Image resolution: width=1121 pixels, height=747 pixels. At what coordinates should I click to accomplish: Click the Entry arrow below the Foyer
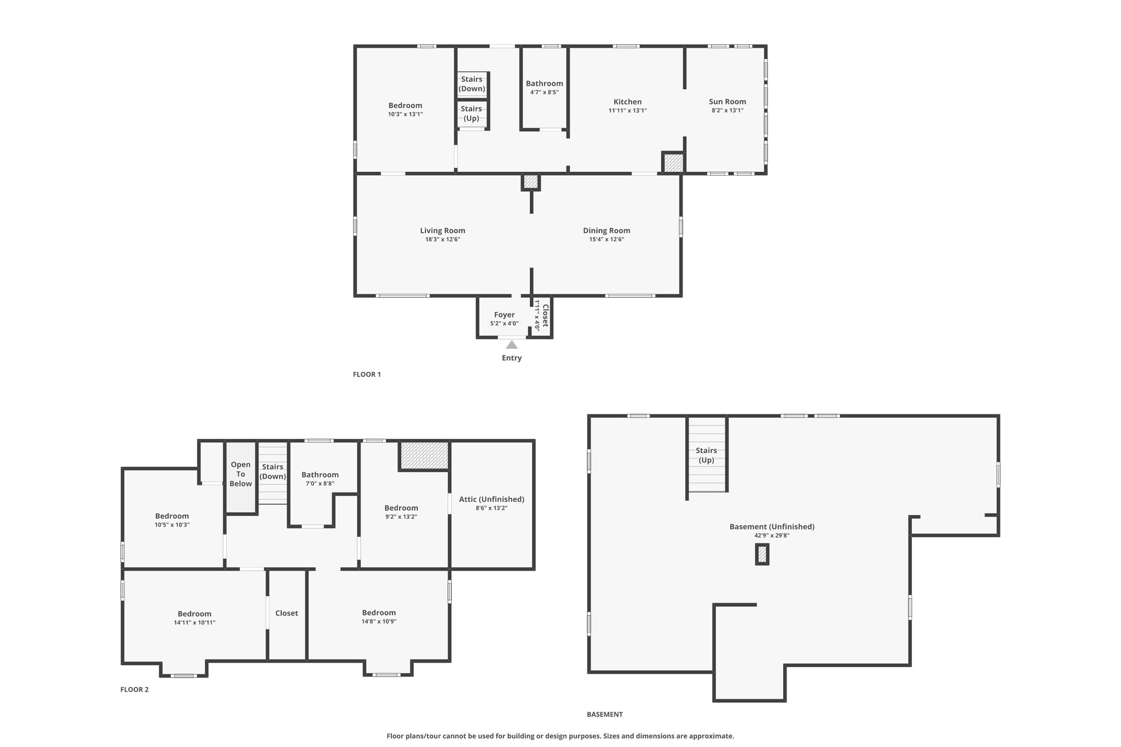point(512,345)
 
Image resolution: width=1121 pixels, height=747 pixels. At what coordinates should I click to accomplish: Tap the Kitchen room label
point(627,102)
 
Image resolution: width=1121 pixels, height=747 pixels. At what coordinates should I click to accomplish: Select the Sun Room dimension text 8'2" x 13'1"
point(727,111)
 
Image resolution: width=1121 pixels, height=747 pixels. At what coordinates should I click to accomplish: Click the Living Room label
point(443,231)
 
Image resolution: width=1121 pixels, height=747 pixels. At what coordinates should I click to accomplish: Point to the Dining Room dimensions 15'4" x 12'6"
point(606,239)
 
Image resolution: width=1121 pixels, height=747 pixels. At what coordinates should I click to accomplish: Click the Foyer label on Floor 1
point(504,315)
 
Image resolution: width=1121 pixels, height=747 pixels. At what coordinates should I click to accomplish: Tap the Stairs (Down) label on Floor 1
point(472,84)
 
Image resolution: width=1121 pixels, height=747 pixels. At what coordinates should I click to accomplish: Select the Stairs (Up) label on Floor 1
point(471,113)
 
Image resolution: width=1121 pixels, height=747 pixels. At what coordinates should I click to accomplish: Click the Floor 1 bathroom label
point(545,84)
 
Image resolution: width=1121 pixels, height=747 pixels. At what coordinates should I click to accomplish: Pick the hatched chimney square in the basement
point(762,554)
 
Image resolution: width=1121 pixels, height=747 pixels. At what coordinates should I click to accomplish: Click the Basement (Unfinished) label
point(772,527)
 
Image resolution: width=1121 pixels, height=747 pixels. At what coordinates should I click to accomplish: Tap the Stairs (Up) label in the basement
point(707,455)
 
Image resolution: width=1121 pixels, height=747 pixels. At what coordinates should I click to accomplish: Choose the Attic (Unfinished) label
point(492,499)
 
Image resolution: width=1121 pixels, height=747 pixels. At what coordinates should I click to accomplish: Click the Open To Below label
point(241,474)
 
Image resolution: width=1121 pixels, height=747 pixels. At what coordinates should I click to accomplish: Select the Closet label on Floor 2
point(287,613)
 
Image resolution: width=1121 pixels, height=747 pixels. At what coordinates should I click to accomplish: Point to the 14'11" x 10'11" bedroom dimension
point(194,622)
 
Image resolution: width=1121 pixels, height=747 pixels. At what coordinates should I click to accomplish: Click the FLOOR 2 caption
point(135,690)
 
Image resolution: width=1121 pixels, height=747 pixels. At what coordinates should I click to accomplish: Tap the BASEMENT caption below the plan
point(605,714)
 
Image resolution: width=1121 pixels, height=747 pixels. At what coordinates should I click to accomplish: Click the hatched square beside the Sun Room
point(673,163)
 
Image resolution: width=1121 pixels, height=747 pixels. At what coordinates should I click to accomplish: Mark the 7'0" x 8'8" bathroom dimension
point(320,483)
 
